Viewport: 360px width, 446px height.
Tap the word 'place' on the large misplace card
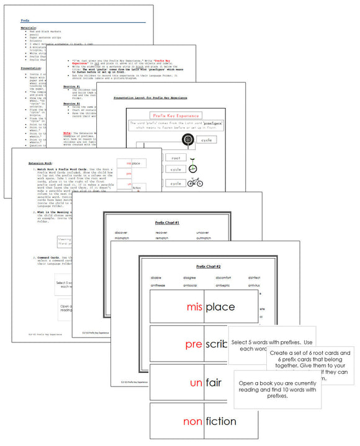[220, 307]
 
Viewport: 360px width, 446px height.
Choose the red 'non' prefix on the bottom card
[194, 422]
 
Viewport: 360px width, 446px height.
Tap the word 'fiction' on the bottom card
[220, 421]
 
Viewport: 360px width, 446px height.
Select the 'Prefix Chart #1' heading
[167, 221]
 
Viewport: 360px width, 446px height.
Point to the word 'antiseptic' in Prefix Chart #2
[224, 285]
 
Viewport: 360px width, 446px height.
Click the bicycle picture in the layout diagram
[194, 183]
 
